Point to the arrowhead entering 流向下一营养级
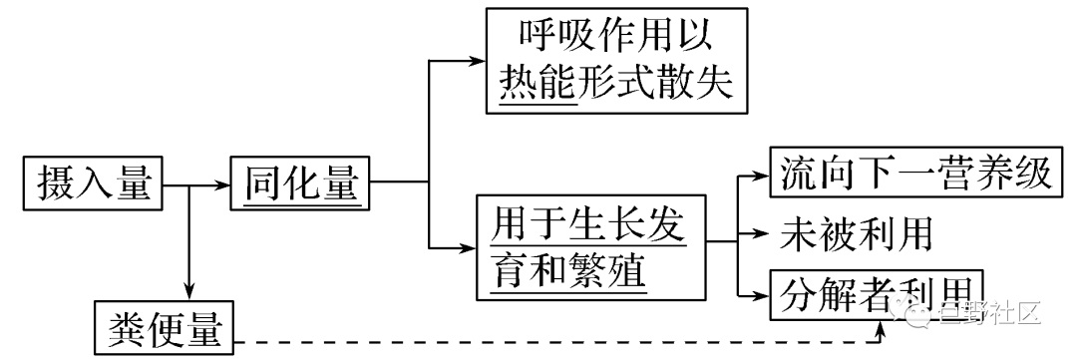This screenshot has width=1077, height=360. (x=760, y=176)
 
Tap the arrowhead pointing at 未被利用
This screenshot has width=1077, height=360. (x=760, y=236)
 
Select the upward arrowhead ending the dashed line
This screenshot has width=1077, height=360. (x=881, y=324)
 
